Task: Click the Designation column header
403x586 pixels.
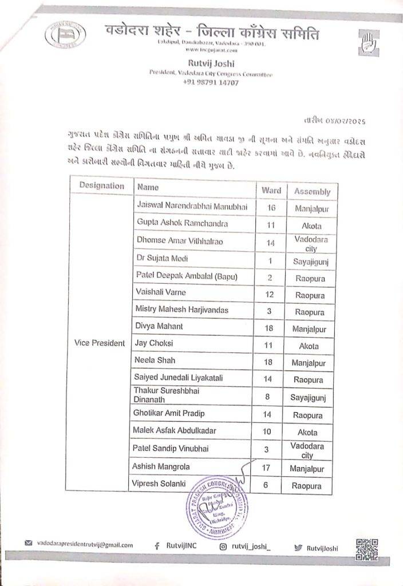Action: tap(101, 185)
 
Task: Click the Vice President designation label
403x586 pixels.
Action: tap(100, 343)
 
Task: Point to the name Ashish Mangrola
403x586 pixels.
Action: tap(161, 467)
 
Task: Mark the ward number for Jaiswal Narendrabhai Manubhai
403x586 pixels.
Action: tap(271, 208)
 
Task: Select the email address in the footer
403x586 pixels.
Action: tap(84, 545)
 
